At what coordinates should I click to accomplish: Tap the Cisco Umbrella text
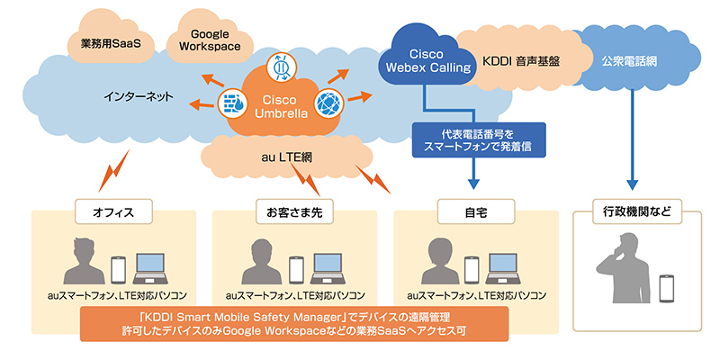(x=280, y=105)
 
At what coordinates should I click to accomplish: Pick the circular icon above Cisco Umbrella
(x=280, y=66)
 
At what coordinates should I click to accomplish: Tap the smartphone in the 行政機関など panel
(x=667, y=287)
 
